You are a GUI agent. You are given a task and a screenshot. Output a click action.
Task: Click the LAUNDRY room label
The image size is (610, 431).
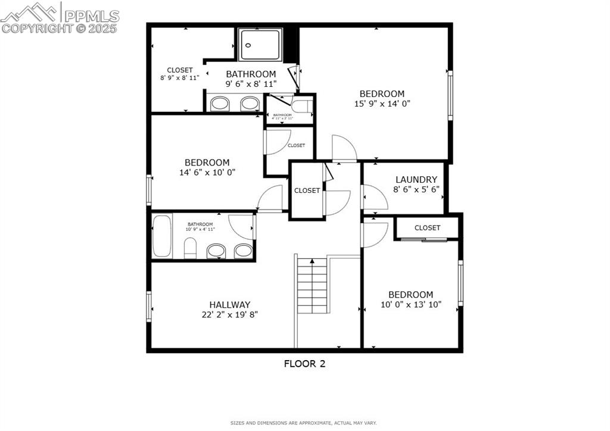pos(416,179)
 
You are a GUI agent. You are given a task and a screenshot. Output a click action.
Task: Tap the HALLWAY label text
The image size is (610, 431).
pos(229,304)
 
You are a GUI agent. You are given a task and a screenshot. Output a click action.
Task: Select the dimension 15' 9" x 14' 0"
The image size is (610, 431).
pos(382,103)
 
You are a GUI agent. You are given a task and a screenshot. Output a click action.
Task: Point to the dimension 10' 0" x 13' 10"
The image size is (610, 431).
pos(411,304)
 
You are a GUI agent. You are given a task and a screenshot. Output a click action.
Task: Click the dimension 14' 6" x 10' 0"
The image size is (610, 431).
pos(207,172)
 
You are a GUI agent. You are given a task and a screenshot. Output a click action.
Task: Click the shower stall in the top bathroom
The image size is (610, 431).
pos(260,45)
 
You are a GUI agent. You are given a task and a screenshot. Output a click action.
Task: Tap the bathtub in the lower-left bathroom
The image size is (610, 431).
pos(162,236)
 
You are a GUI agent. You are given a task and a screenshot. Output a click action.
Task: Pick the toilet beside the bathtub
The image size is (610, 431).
pos(190,248)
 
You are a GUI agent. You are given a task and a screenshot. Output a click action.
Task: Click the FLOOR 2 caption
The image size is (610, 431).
pos(304,364)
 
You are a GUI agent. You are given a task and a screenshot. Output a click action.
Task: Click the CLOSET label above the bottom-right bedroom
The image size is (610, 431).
pos(427,227)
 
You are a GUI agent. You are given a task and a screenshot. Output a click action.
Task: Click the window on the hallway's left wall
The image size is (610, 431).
pos(149,306)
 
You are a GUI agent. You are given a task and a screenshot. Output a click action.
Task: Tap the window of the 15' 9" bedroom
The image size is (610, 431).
pos(450,95)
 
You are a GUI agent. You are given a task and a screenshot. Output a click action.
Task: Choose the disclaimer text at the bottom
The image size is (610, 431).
pos(304,423)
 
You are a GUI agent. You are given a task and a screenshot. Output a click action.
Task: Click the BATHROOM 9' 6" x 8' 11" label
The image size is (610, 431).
pos(251,79)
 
